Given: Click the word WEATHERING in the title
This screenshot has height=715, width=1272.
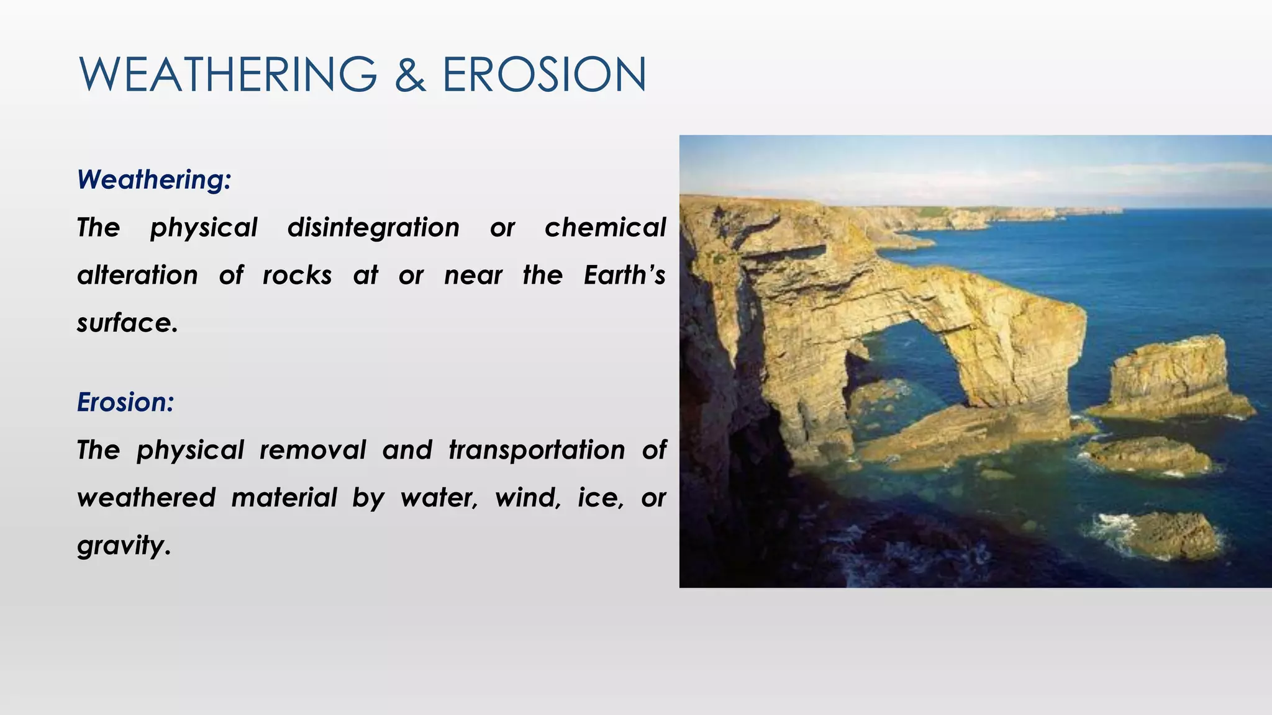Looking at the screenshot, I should [228, 74].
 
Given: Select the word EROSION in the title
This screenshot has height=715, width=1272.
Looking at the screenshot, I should [544, 74].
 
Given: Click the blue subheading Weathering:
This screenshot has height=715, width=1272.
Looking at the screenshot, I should [154, 179].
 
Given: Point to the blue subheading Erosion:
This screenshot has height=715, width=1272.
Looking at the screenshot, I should [125, 402].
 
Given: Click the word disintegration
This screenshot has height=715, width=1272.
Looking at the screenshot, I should [373, 227].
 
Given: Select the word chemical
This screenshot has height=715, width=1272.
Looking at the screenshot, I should [605, 227].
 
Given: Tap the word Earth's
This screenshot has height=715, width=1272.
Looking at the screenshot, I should [624, 275].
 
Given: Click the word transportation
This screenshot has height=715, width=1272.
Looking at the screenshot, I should [537, 450].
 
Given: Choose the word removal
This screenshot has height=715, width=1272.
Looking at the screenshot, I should [312, 450].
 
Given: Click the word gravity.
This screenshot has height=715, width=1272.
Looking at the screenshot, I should [123, 546].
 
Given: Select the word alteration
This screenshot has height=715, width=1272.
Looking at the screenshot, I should [137, 275].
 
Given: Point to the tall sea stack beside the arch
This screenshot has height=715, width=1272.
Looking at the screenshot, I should [1168, 379].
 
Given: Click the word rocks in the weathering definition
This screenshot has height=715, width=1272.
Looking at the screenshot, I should [297, 275].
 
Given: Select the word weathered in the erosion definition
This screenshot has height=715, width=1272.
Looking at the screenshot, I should [147, 498].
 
